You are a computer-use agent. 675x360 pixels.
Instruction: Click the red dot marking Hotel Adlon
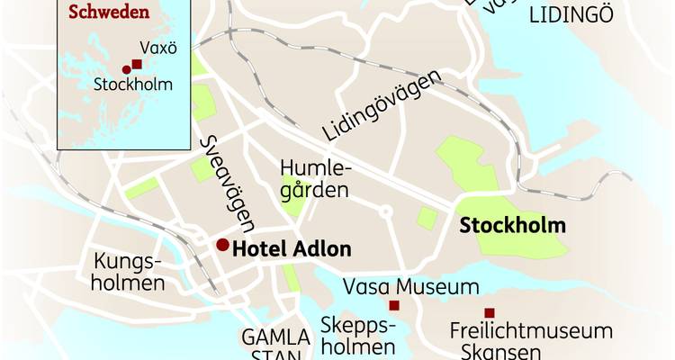click(221, 245)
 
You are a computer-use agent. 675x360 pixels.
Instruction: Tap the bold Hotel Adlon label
click(291, 249)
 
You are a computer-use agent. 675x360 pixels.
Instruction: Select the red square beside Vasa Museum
click(393, 306)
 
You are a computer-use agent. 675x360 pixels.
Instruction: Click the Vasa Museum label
click(412, 288)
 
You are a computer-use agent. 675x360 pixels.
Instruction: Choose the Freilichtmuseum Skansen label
click(531, 341)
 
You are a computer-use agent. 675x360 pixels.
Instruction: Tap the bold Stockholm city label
click(513, 224)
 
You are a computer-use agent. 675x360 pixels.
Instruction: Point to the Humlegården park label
click(313, 179)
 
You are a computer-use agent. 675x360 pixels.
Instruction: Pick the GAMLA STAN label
click(276, 346)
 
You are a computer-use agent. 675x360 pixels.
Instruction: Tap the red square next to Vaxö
click(136, 64)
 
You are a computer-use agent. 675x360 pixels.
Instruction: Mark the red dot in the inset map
click(126, 70)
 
